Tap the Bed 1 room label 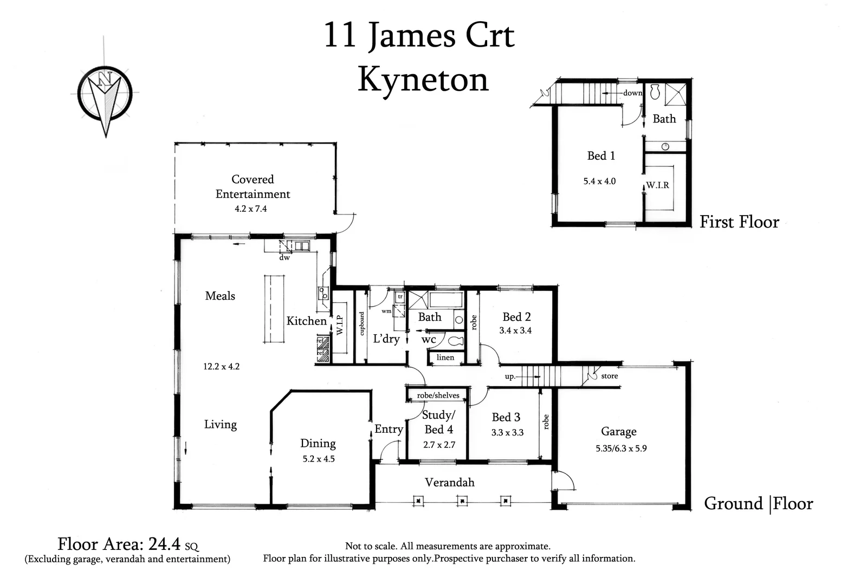coord(601,156)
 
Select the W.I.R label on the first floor coord(657,185)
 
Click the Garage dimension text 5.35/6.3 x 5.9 coord(621,449)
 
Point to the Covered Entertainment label coord(253,186)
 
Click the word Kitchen coord(306,321)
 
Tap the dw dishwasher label coord(284,258)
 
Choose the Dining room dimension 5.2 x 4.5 coord(319,459)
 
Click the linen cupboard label coord(445,358)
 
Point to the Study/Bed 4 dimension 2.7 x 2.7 coord(439,445)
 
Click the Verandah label coord(449,482)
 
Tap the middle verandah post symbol coord(462,501)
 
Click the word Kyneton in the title coord(423,80)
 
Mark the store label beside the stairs coord(609,376)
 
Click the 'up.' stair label coord(510,376)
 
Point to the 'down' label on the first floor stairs coord(632,93)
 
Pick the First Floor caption coord(739,222)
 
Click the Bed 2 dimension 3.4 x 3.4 coord(515,330)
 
